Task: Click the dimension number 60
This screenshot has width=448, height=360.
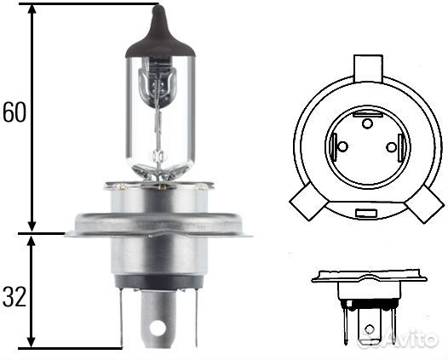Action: [14, 113]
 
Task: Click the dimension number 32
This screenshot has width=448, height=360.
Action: [14, 296]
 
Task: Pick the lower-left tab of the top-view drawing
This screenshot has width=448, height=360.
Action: [304, 205]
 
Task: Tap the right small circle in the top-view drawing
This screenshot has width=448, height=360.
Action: [392, 148]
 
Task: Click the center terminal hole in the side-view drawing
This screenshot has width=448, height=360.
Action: [368, 326]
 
